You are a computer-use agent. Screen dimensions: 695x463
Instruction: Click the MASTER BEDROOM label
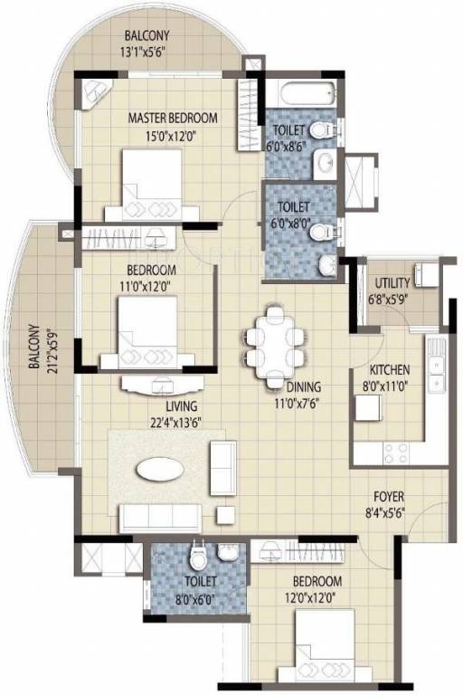(x=172, y=119)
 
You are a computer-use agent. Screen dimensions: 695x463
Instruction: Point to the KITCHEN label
(x=390, y=370)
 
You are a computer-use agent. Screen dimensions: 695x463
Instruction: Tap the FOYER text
(x=390, y=498)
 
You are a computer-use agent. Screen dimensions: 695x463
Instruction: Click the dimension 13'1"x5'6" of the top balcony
(x=147, y=52)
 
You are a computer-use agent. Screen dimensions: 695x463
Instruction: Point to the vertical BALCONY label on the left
(x=33, y=348)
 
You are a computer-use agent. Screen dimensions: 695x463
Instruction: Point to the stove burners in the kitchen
(x=398, y=449)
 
